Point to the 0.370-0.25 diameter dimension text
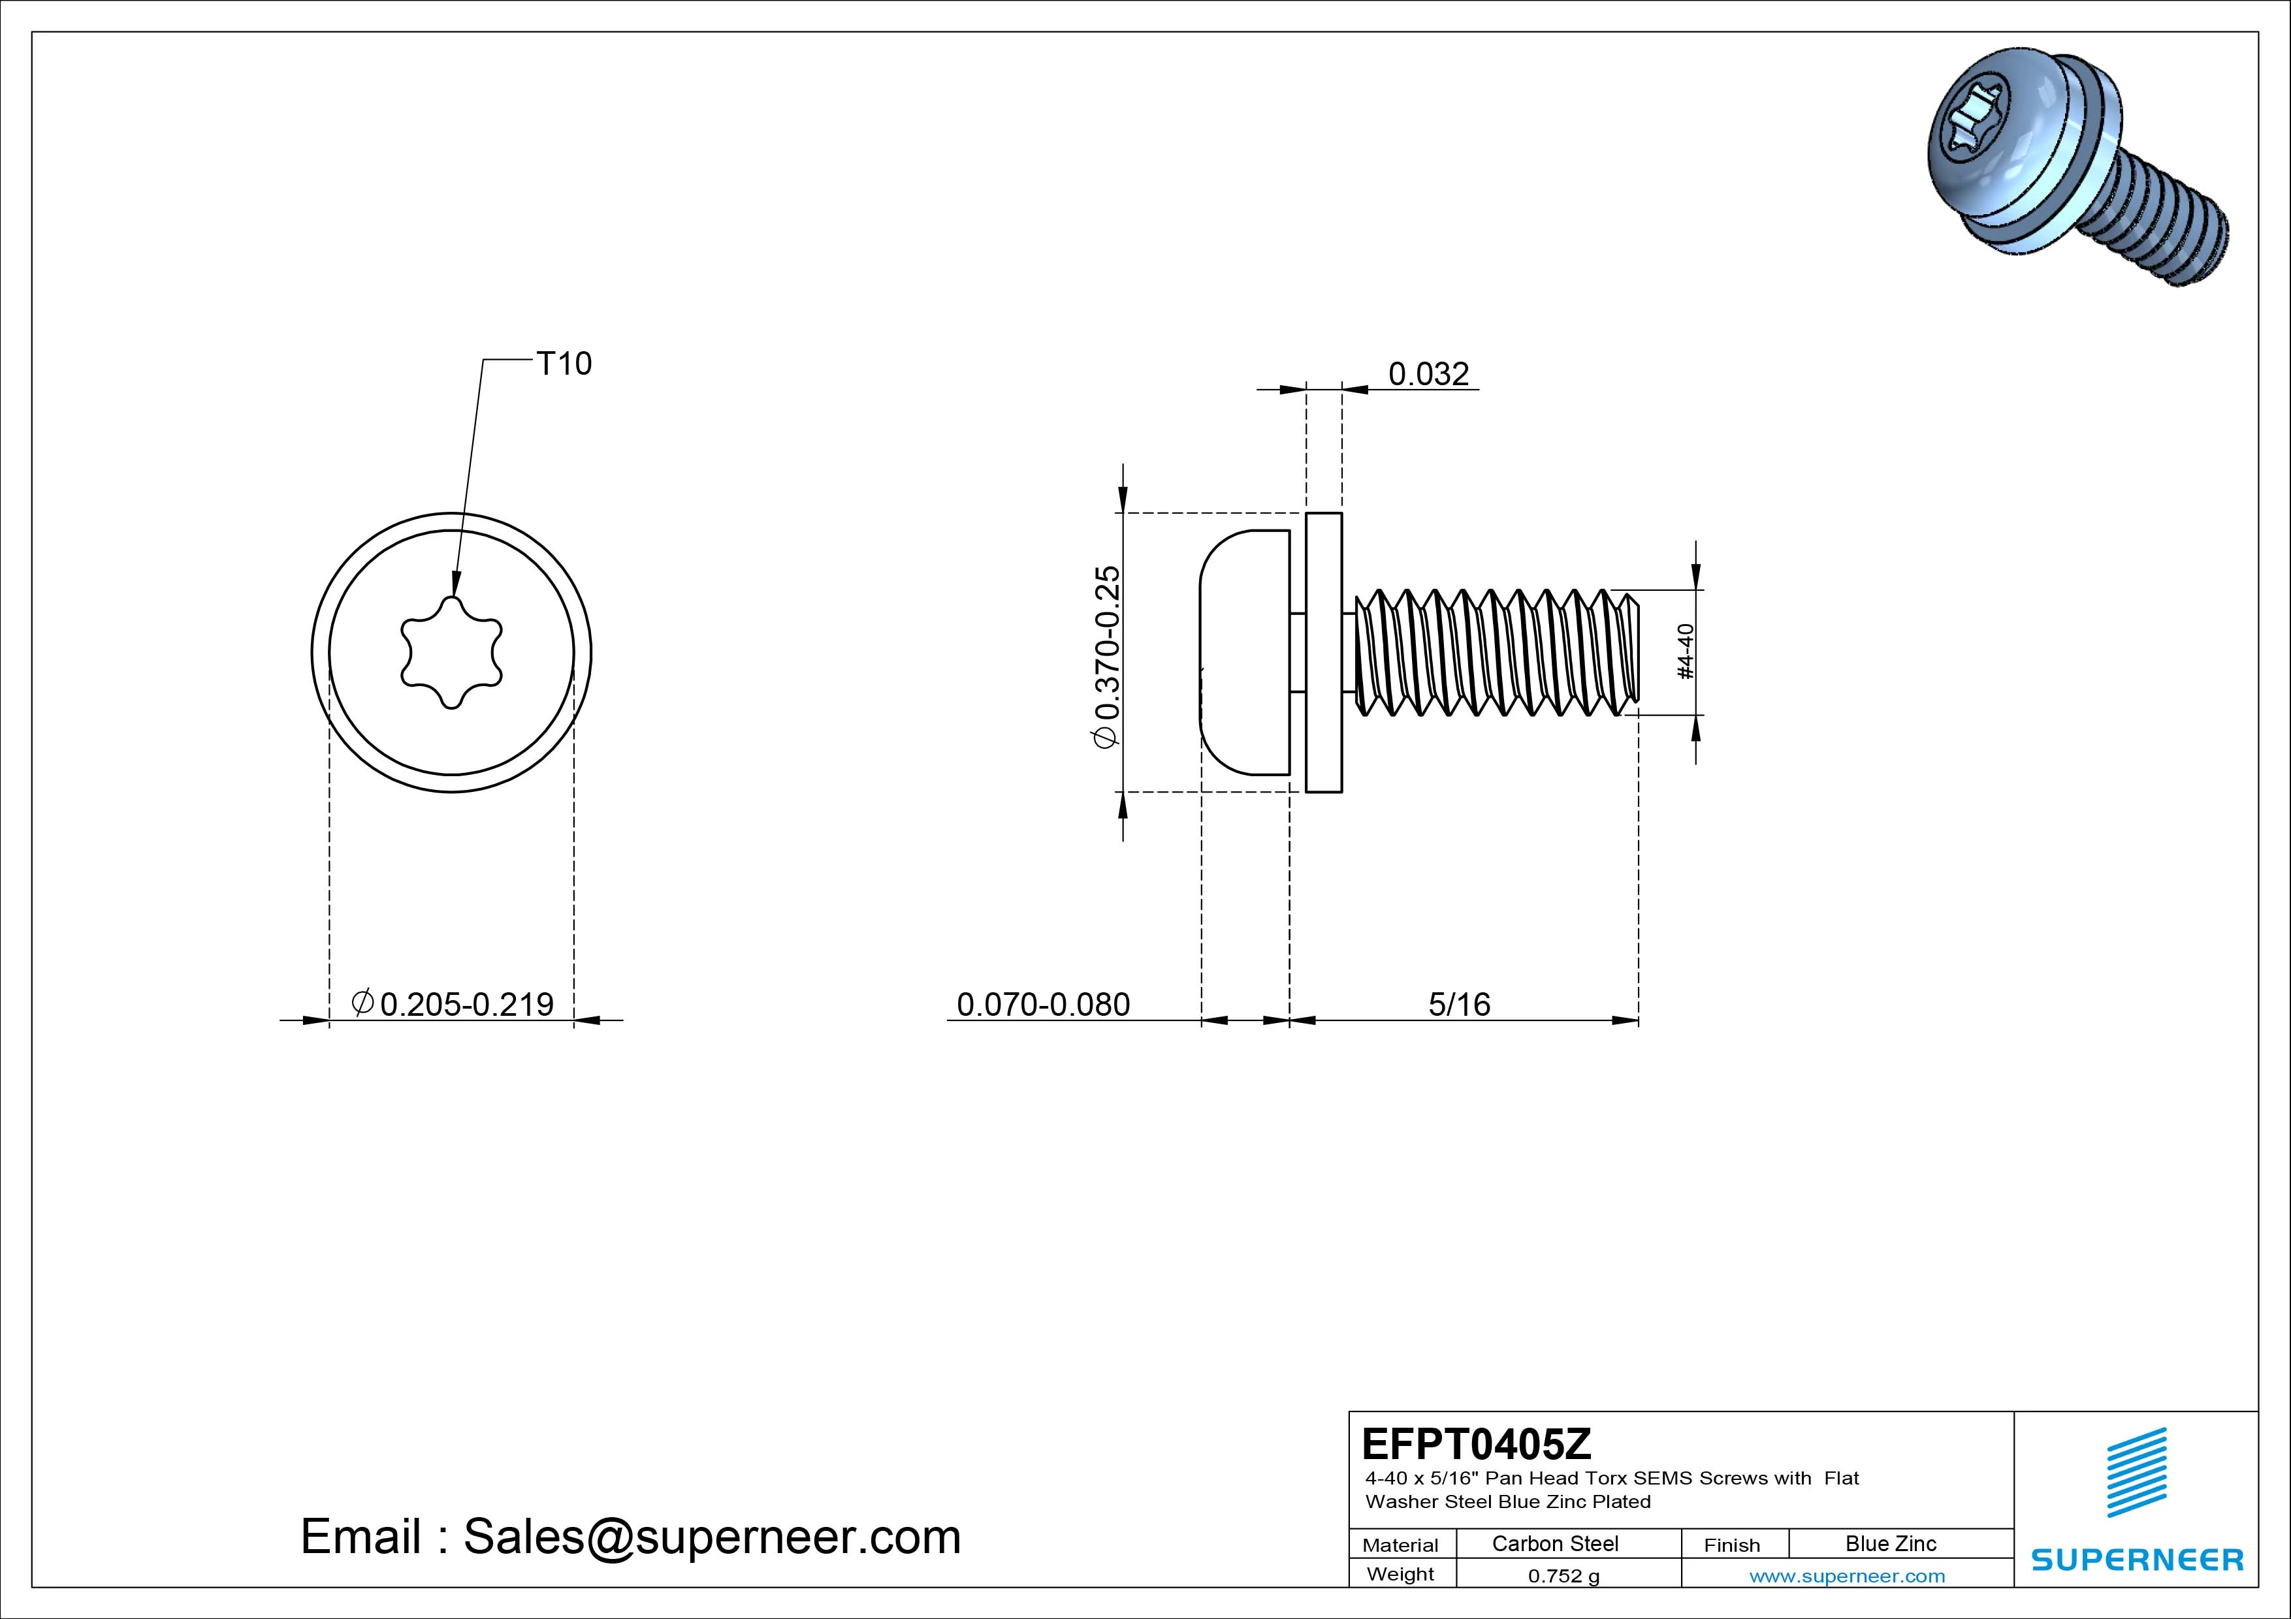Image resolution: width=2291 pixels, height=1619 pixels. pyautogui.click(x=1108, y=655)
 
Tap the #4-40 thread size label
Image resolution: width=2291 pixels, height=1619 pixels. pyautogui.click(x=1686, y=652)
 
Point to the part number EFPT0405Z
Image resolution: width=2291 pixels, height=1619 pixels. pyautogui.click(x=1476, y=1443)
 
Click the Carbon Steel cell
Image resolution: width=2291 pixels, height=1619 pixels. pyautogui.click(x=1554, y=1543)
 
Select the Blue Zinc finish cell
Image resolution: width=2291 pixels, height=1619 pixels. pyautogui.click(x=1890, y=1543)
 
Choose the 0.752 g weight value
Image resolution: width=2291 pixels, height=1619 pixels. pyautogui.click(x=1563, y=1576)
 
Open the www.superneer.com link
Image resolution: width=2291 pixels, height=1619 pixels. pyautogui.click(x=1847, y=1576)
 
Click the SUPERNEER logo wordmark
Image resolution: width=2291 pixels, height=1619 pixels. pyautogui.click(x=2138, y=1559)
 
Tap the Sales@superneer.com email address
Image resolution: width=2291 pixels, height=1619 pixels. pyautogui.click(x=711, y=1536)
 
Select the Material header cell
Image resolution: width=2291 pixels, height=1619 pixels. pyautogui.click(x=1400, y=1544)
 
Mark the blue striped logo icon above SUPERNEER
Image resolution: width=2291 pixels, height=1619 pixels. pyautogui.click(x=2136, y=1471)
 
